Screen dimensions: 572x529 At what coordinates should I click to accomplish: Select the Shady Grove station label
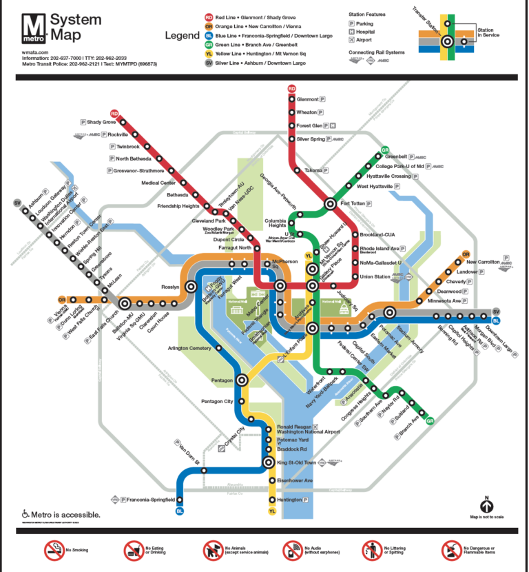(101, 122)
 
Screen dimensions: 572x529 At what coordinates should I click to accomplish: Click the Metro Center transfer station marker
(280, 285)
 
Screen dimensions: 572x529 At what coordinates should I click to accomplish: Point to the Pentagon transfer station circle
(242, 380)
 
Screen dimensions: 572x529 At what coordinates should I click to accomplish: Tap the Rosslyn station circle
(125, 303)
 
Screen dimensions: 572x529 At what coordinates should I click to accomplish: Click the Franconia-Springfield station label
(152, 499)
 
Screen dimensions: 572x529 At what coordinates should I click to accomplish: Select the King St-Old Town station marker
(270, 463)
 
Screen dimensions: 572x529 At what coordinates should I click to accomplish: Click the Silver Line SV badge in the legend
(208, 63)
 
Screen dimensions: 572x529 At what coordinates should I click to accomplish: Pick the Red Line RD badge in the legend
(208, 18)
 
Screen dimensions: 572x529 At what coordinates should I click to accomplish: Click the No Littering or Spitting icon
(371, 550)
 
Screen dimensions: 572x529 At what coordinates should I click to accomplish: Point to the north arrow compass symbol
(487, 505)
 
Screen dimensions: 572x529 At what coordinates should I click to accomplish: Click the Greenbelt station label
(396, 156)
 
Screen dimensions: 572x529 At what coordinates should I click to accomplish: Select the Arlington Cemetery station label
(189, 348)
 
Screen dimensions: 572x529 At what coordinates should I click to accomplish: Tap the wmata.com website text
(34, 52)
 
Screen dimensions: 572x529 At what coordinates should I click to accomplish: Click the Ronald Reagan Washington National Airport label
(308, 429)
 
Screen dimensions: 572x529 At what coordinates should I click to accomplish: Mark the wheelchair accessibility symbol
(25, 514)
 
